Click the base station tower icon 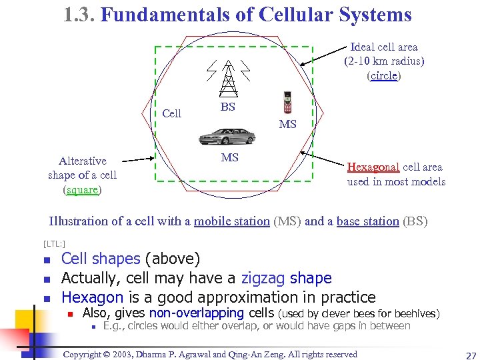click(x=228, y=79)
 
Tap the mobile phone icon click(x=287, y=103)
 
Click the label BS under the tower click(x=228, y=107)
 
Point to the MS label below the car click(x=229, y=157)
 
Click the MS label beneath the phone click(x=288, y=124)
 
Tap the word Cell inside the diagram click(x=171, y=113)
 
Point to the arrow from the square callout click(x=138, y=160)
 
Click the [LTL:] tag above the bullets click(x=55, y=243)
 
